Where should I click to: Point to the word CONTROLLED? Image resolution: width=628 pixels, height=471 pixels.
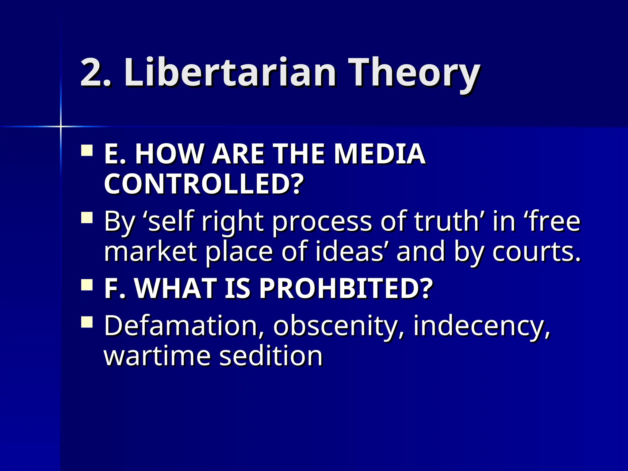[204, 184]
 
